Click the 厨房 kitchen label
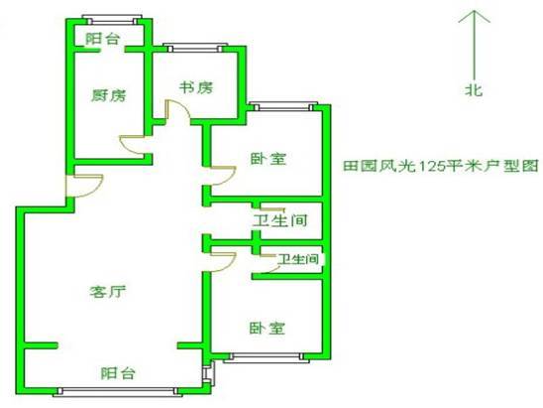[x=109, y=95]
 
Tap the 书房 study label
[x=195, y=87]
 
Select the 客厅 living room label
[x=108, y=292]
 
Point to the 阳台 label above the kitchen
[x=102, y=39]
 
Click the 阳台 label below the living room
[x=118, y=373]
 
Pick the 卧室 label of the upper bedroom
[x=269, y=159]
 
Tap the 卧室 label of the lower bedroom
[x=268, y=328]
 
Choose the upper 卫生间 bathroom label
[x=280, y=220]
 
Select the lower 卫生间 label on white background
[x=298, y=259]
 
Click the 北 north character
[x=474, y=90]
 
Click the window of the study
[x=195, y=48]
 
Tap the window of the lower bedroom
[x=266, y=357]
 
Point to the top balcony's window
[x=112, y=20]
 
